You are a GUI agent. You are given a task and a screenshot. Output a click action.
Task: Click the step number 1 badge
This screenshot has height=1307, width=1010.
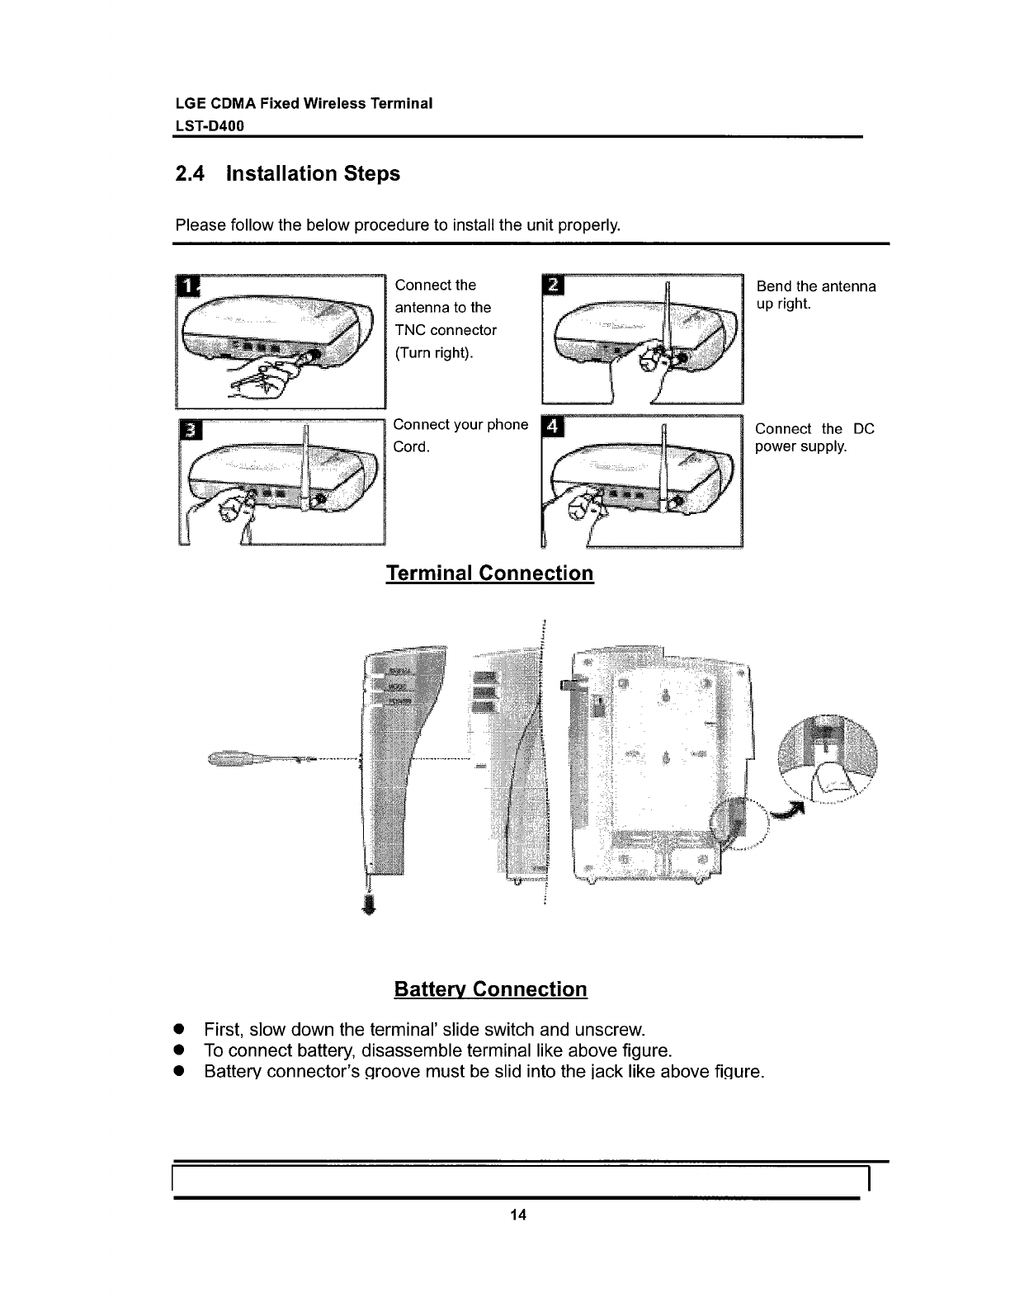(189, 286)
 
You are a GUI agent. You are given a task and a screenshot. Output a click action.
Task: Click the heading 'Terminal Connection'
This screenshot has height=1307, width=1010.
(489, 573)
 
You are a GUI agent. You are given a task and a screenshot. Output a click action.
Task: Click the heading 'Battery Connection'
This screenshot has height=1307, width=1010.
(490, 989)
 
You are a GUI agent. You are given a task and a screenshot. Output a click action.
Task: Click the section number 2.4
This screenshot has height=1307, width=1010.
(191, 174)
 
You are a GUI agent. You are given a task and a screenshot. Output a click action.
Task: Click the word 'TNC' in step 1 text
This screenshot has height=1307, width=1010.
(412, 330)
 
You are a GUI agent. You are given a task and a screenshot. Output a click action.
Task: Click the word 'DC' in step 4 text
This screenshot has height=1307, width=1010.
(863, 429)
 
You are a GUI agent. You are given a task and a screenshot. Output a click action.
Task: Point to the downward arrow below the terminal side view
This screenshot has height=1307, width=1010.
(369, 905)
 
